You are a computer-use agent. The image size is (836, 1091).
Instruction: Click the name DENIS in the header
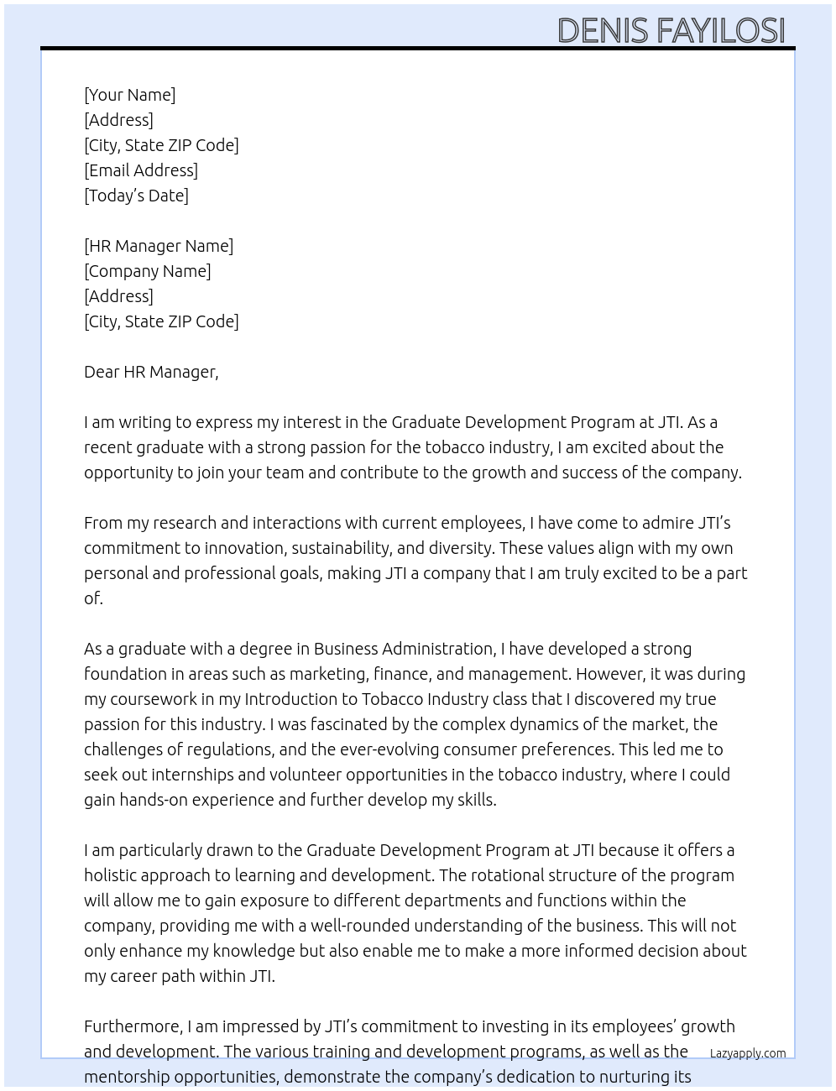click(x=603, y=30)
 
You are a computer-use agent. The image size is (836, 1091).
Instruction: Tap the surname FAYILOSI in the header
click(x=720, y=30)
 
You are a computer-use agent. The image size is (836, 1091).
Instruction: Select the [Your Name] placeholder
click(x=129, y=95)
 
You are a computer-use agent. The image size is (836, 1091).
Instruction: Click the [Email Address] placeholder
click(x=141, y=170)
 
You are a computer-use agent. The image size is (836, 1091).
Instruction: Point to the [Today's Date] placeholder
click(x=136, y=196)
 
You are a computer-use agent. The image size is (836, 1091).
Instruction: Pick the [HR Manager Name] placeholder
click(x=159, y=246)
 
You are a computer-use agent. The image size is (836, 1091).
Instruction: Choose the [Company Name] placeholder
click(x=147, y=271)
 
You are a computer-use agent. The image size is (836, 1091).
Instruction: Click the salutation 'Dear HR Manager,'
click(x=151, y=372)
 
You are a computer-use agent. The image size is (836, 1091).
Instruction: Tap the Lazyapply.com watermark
click(x=747, y=1053)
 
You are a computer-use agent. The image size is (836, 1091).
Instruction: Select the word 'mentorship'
click(x=124, y=1077)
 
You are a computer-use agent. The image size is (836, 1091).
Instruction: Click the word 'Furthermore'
click(x=133, y=1026)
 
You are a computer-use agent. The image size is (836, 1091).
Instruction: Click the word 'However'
click(x=610, y=674)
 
